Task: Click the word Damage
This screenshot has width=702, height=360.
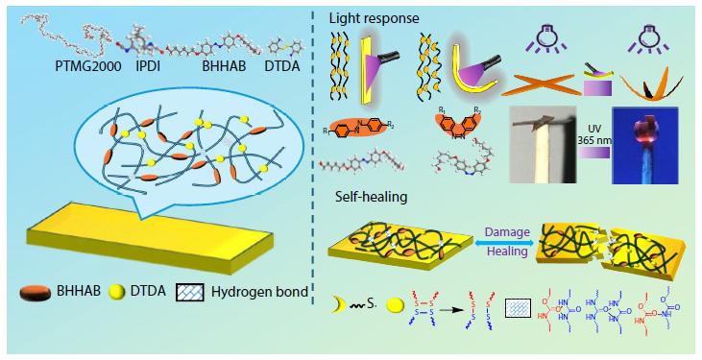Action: (x=504, y=231)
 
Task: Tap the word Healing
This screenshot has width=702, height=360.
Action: (x=504, y=255)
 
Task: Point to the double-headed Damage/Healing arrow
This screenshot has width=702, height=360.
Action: (x=505, y=244)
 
